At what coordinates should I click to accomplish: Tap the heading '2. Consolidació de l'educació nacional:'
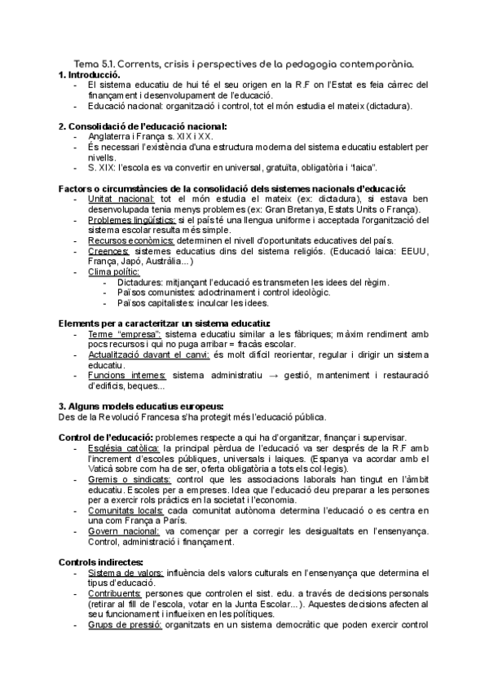(x=143, y=125)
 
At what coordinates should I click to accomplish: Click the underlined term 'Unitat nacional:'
(x=121, y=199)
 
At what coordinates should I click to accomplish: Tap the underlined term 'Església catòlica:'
(x=124, y=447)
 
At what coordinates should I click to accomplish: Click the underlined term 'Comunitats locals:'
(x=126, y=509)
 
